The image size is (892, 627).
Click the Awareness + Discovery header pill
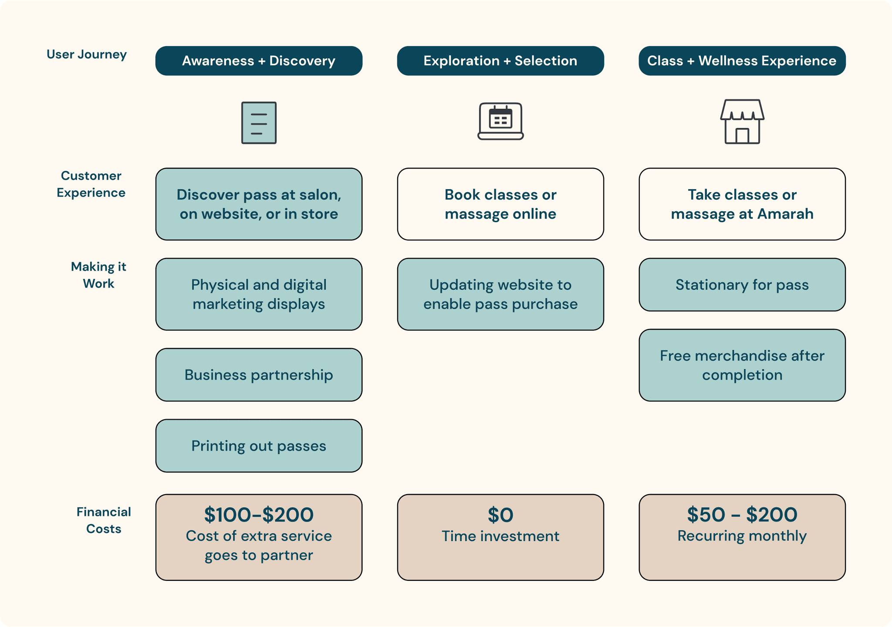[259, 61]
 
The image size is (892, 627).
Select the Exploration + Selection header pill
[500, 61]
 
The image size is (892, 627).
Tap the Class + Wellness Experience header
[742, 61]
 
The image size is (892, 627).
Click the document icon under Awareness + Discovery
[259, 123]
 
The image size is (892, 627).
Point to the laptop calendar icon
[500, 122]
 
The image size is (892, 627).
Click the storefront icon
[742, 122]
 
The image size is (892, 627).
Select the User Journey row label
[87, 54]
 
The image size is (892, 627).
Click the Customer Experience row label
[91, 184]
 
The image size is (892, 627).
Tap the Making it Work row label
[98, 275]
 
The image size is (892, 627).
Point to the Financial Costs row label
[104, 520]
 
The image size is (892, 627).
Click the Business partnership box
[259, 375]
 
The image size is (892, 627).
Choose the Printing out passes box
[259, 446]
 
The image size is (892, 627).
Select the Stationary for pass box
[742, 285]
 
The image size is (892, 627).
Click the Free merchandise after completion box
[742, 365]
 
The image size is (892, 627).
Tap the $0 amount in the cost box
[500, 515]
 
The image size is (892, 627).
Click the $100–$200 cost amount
[259, 515]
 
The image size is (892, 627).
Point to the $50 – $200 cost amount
[742, 515]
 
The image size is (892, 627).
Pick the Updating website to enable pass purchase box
[500, 294]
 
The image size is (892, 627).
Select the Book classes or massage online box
[500, 204]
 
